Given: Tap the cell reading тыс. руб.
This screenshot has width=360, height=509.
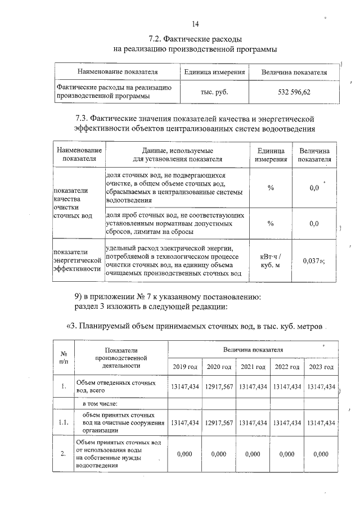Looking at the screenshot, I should coord(214,92).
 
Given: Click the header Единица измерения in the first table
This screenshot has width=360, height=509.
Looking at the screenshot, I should coord(214,73).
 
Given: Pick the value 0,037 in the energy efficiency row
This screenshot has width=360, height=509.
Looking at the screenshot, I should coord(311,261).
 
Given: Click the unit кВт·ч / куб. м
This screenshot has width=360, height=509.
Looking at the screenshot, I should coord(271,261).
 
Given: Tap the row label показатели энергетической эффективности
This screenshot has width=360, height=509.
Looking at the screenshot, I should coord(78,260).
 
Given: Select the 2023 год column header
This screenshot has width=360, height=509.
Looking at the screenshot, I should coord(321,367).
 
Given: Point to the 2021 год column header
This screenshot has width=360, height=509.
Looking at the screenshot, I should coord(253,367).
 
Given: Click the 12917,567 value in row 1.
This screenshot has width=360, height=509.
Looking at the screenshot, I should coord(219,387).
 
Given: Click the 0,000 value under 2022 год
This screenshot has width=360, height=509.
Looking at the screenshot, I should coord(287,454).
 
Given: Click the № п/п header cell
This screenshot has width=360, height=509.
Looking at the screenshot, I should coord(64,358).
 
